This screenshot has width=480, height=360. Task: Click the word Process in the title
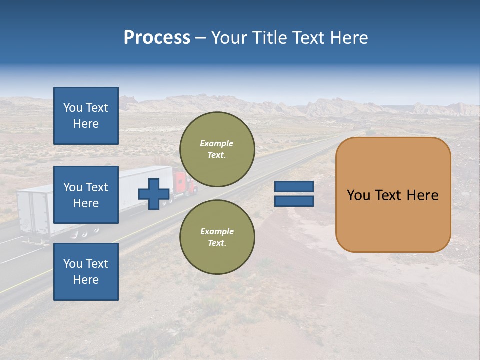pyautogui.click(x=157, y=38)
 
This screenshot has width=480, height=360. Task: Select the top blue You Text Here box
pyautogui.click(x=86, y=116)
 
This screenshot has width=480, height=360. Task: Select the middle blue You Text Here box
pyautogui.click(x=86, y=195)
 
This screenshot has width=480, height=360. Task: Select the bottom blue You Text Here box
pyautogui.click(x=86, y=271)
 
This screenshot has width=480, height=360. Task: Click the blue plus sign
pyautogui.click(x=154, y=194)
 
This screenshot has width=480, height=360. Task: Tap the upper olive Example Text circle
pyautogui.click(x=217, y=149)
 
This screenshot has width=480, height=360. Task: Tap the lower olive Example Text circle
pyautogui.click(x=217, y=237)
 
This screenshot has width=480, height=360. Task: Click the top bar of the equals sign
pyautogui.click(x=294, y=186)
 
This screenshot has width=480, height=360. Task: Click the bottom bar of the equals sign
pyautogui.click(x=294, y=201)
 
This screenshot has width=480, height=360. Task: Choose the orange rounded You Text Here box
pyautogui.click(x=393, y=195)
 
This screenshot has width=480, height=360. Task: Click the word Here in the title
pyautogui.click(x=348, y=38)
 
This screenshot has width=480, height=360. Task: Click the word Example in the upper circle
pyautogui.click(x=217, y=143)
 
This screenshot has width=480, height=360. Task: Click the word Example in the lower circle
pyautogui.click(x=217, y=231)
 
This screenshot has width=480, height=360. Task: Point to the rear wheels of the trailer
pyautogui.click(x=85, y=233)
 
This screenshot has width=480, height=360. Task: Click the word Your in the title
pyautogui.click(x=228, y=38)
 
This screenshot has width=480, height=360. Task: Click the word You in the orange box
pyautogui.click(x=358, y=195)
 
